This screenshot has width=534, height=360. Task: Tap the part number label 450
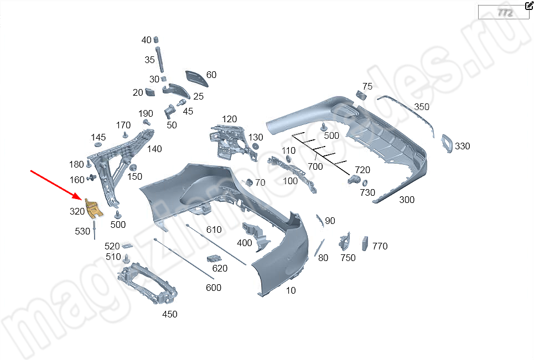click(x=169, y=314)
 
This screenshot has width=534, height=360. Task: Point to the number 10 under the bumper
click(x=291, y=290)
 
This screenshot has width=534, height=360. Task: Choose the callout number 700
click(x=315, y=166)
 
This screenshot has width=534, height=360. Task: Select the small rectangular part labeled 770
click(x=365, y=244)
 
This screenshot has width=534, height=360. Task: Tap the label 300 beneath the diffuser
click(x=406, y=200)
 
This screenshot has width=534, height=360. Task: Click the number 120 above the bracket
click(x=229, y=119)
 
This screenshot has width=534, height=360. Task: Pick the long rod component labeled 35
click(x=161, y=60)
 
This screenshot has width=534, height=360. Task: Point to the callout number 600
click(x=213, y=288)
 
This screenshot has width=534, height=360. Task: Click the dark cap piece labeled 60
click(x=196, y=78)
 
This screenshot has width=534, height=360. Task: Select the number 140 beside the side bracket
click(x=154, y=149)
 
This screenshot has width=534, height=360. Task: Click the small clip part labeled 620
click(x=214, y=259)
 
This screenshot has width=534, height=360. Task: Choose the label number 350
click(x=422, y=107)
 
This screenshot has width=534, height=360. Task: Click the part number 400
click(x=244, y=243)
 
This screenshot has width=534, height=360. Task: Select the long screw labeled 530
click(x=95, y=229)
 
